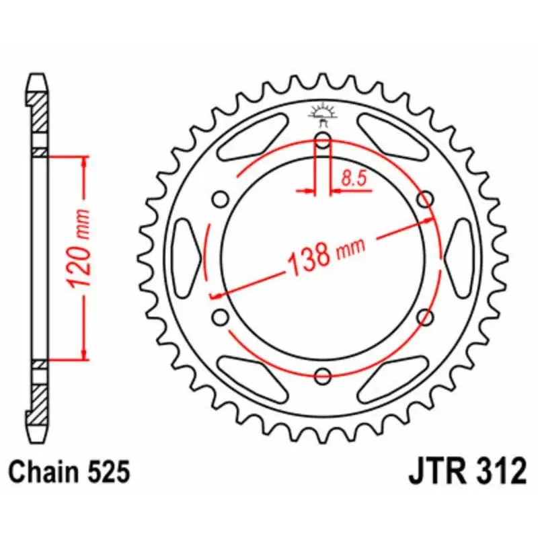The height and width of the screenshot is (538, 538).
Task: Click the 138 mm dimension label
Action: click(326, 256)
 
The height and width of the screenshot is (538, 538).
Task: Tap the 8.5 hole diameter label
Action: click(354, 178)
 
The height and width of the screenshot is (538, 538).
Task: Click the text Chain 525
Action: click(69, 472)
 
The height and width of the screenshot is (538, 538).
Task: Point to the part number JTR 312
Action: click(467, 471)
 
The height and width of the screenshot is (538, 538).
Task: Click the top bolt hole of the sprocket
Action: click(323, 141)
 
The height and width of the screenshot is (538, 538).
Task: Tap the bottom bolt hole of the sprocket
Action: click(323, 376)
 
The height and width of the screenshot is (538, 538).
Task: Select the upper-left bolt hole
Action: click(221, 199)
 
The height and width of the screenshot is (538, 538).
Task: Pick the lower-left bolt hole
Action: click(221, 317)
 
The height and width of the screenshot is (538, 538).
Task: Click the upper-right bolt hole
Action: click(425, 199)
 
